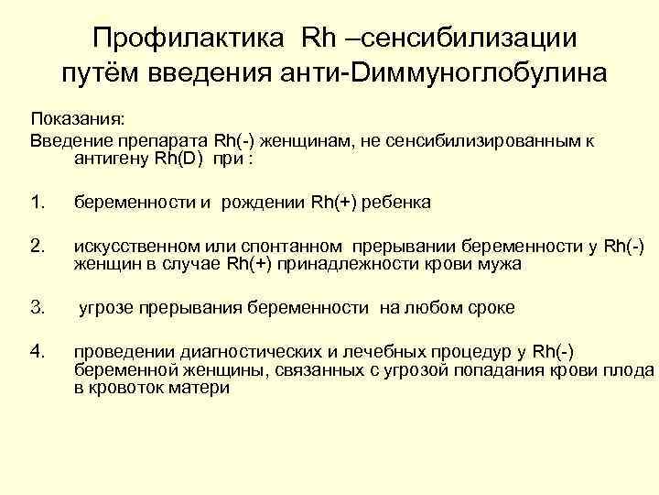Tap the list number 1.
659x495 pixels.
click(37, 202)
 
